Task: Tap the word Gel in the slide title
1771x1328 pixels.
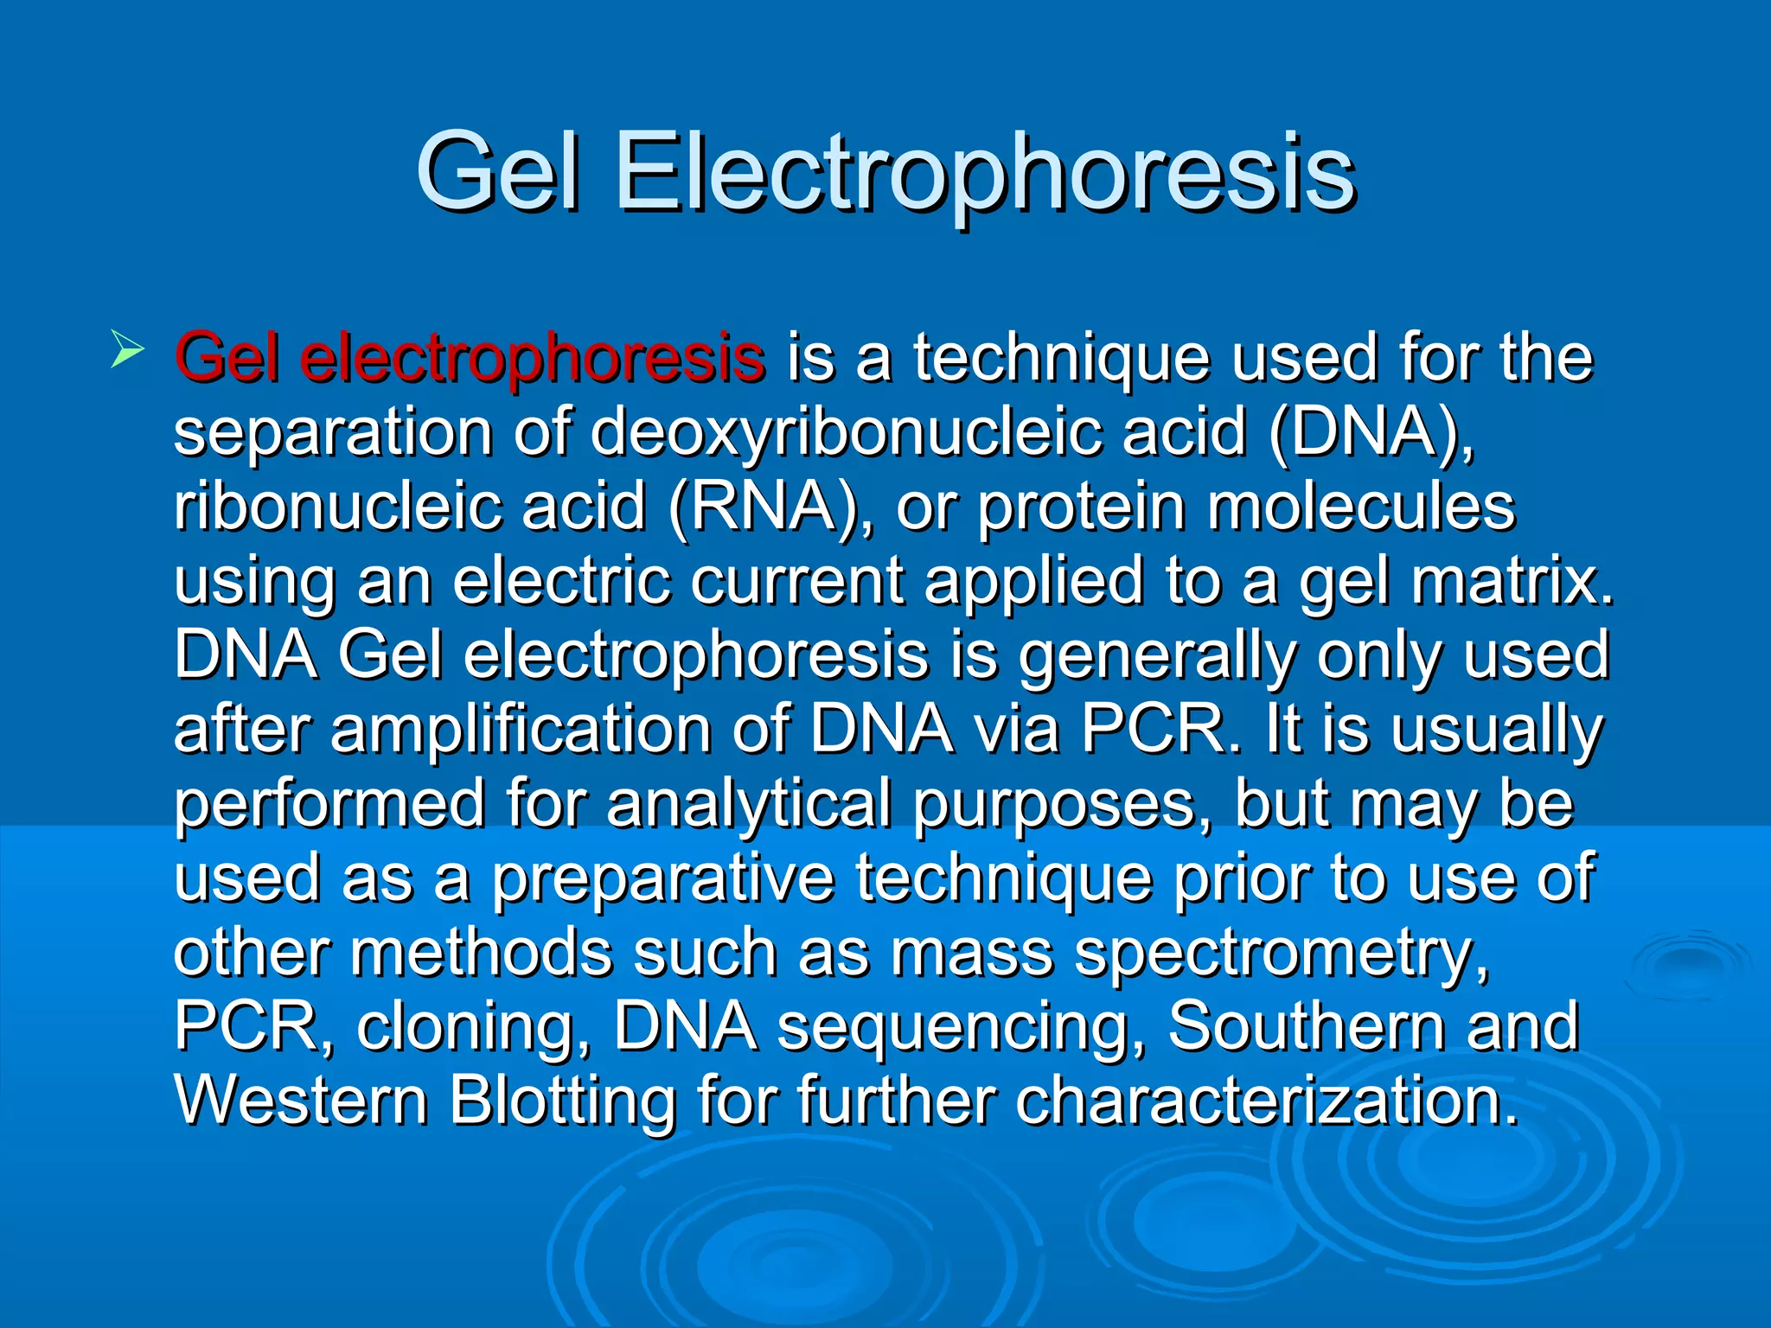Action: [x=496, y=173]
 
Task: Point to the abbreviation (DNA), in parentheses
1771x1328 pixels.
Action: [x=1371, y=432]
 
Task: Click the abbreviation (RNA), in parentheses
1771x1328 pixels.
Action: [x=770, y=507]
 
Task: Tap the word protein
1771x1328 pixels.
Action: [x=1081, y=507]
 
